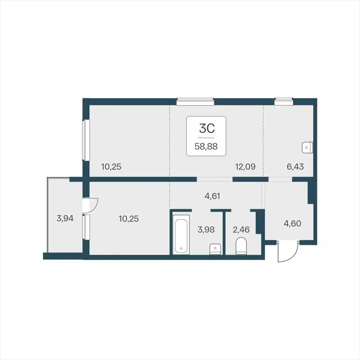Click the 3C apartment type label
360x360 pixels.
pyautogui.click(x=207, y=129)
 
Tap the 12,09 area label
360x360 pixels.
pyautogui.click(x=245, y=166)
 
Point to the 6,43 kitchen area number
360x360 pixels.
pyautogui.click(x=295, y=166)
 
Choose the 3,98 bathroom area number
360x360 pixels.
pyautogui.click(x=206, y=229)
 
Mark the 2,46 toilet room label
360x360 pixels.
pyautogui.click(x=240, y=229)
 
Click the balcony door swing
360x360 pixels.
pyautogui.click(x=92, y=206)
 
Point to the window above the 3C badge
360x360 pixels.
pyautogui.click(x=194, y=102)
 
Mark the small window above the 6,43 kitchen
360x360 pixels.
pyautogui.click(x=283, y=102)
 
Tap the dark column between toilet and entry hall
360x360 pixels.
pyautogui.click(x=259, y=222)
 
